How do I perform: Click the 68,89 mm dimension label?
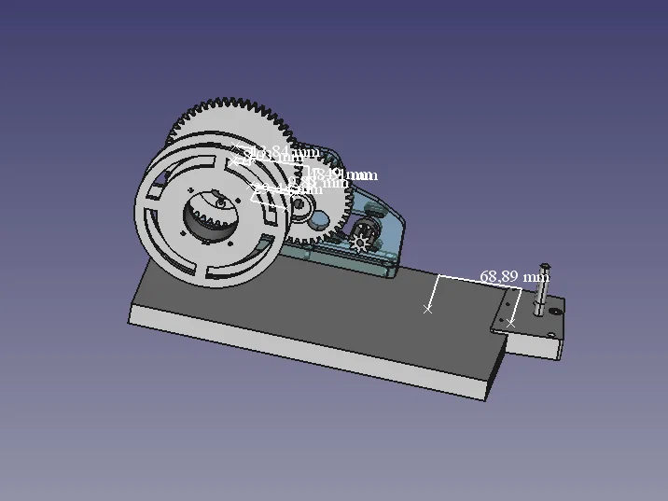pos(514,277)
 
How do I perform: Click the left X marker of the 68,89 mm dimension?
pos(428,309)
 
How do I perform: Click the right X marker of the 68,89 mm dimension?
pos(510,323)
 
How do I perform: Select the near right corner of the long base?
pos(486,399)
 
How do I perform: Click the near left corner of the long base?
pos(129,323)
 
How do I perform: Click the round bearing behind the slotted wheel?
pos(304,211)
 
